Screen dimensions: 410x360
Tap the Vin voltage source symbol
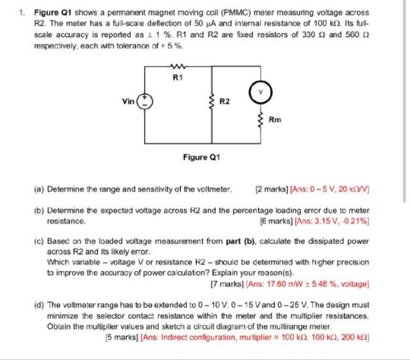tap(147, 101)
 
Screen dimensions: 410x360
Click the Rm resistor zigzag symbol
tap(260, 119)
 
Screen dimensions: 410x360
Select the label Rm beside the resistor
tap(274, 119)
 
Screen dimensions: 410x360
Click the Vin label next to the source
tap(129, 101)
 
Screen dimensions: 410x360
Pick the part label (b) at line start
tap(40, 210)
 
